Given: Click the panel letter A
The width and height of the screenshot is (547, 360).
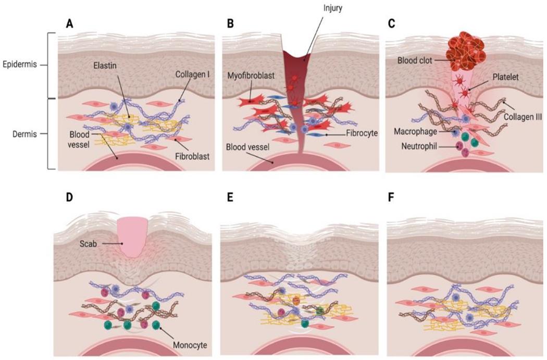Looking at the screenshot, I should point(69,23).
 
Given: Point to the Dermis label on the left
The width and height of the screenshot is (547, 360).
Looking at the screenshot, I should point(24,134).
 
